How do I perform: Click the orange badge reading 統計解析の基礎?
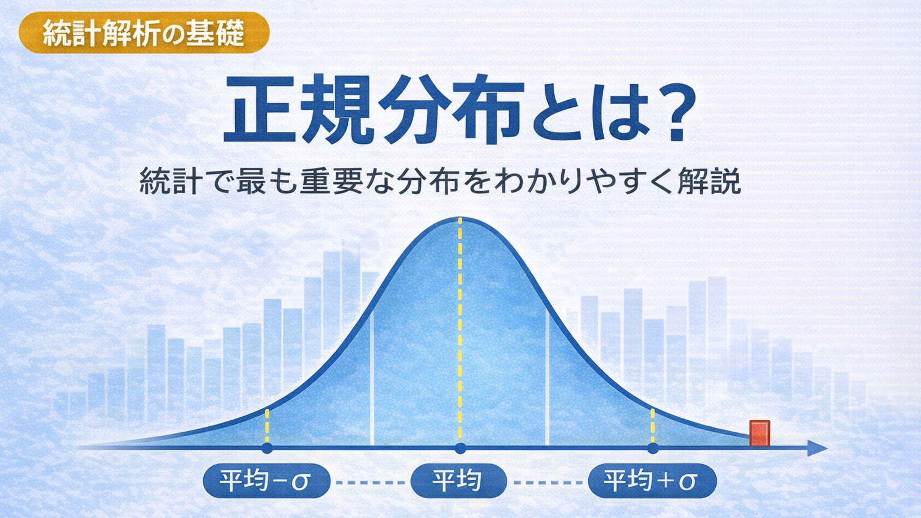(x=144, y=32)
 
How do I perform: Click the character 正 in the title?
(x=260, y=109)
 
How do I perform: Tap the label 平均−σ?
(x=266, y=481)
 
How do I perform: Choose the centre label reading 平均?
(x=459, y=481)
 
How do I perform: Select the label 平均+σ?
(x=652, y=481)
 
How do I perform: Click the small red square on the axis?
(x=760, y=433)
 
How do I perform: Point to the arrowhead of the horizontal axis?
(x=818, y=448)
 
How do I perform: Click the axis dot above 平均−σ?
(x=267, y=448)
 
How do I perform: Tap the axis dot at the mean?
(x=460, y=448)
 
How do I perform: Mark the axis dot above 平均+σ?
(x=653, y=448)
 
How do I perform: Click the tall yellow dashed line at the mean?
(x=460, y=329)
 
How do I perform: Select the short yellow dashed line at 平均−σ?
(x=267, y=426)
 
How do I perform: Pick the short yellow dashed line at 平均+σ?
(x=652, y=426)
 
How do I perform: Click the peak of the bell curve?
(x=460, y=218)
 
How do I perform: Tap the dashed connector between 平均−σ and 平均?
(x=371, y=483)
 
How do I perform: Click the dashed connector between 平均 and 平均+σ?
(x=548, y=483)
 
